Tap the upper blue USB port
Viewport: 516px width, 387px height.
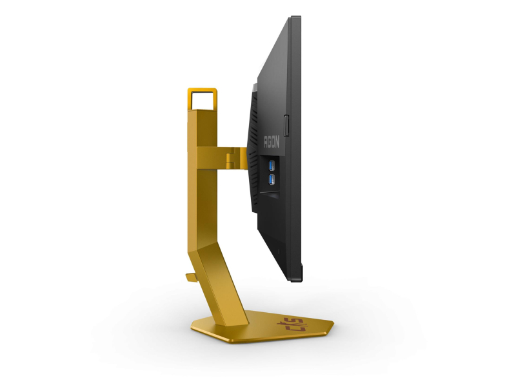point(272,165)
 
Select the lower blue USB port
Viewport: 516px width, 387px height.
point(272,177)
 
